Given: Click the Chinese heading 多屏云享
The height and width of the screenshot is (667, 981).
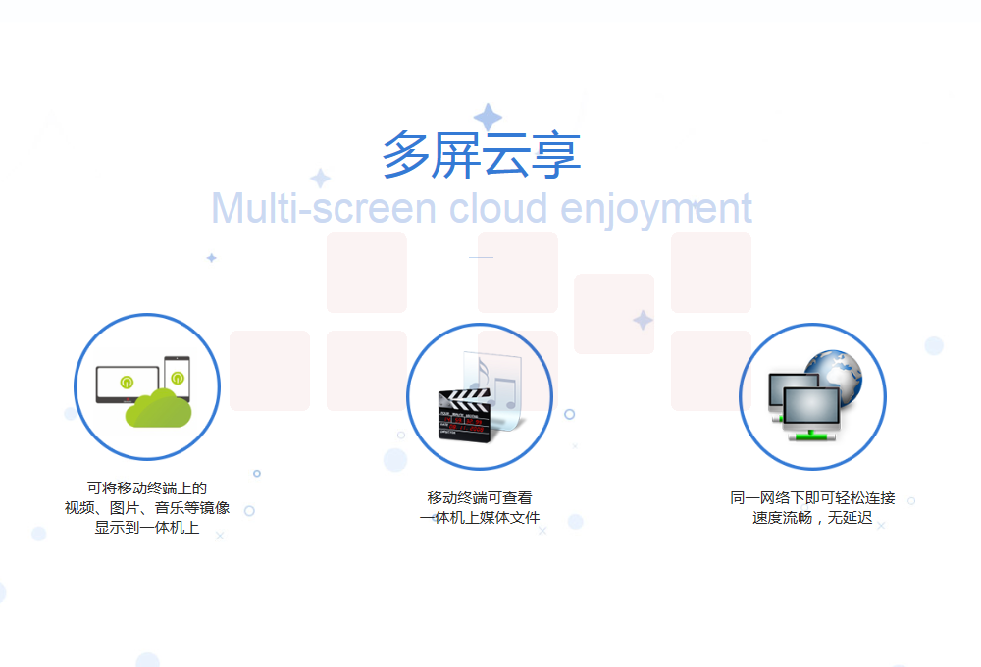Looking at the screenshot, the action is click(481, 155).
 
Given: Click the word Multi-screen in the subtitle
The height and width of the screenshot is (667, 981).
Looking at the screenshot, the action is click(324, 208).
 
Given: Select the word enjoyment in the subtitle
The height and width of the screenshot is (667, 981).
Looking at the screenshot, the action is click(655, 211).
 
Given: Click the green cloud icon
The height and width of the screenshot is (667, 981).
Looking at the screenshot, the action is click(158, 409).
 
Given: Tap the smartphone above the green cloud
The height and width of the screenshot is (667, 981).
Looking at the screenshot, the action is click(177, 379).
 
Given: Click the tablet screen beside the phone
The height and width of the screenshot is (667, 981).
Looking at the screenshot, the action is click(127, 383).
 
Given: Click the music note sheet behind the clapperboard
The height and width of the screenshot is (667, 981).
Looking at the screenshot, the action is click(494, 387).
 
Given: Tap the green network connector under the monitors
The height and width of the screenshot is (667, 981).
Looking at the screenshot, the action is click(812, 435).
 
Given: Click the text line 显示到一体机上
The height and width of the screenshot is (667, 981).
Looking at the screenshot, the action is click(147, 528).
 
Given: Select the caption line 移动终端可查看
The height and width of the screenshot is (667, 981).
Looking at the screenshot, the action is click(480, 498).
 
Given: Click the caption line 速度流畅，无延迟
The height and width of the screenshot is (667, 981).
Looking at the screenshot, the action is click(812, 518).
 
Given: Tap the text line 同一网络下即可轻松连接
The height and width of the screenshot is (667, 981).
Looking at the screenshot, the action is click(812, 498).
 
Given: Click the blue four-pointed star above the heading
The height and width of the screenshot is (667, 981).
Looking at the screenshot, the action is click(488, 117).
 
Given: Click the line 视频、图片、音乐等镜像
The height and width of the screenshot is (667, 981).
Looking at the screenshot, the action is click(147, 507).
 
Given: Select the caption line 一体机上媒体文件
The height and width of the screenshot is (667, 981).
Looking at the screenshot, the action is click(480, 518).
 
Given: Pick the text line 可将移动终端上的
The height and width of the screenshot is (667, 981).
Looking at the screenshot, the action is click(147, 488).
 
